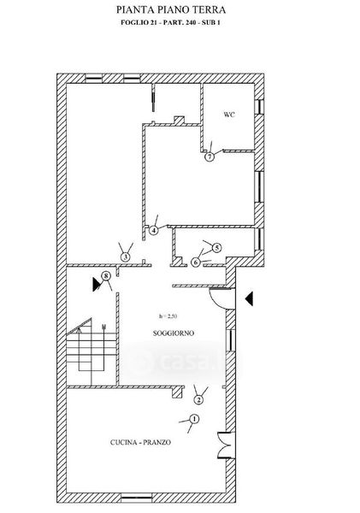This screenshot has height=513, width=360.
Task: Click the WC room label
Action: (x=229, y=115)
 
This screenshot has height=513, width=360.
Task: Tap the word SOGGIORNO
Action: (x=174, y=333)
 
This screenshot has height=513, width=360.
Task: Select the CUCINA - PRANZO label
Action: (x=140, y=442)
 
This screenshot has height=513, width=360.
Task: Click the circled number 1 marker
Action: (x=194, y=419)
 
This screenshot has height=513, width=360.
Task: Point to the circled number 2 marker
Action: (x=198, y=399)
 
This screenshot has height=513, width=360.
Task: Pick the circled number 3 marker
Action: (x=126, y=256)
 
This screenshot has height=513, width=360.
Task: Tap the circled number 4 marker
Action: (x=153, y=230)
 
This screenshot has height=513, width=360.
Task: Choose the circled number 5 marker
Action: (x=216, y=248)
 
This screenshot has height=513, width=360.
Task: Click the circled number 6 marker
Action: (x=195, y=262)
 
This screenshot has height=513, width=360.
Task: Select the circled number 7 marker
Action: (x=210, y=156)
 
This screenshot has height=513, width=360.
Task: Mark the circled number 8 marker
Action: (x=105, y=276)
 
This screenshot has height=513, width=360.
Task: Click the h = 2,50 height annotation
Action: (x=168, y=316)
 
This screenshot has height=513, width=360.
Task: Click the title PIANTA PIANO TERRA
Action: (x=171, y=9)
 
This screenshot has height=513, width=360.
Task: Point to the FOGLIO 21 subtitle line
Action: (x=170, y=22)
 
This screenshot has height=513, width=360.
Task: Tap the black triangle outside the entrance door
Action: (x=249, y=298)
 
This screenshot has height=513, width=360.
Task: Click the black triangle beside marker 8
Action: (x=97, y=285)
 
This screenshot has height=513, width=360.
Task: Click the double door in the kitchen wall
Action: (x=225, y=445)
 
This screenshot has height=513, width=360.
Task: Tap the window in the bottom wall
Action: (x=137, y=498)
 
